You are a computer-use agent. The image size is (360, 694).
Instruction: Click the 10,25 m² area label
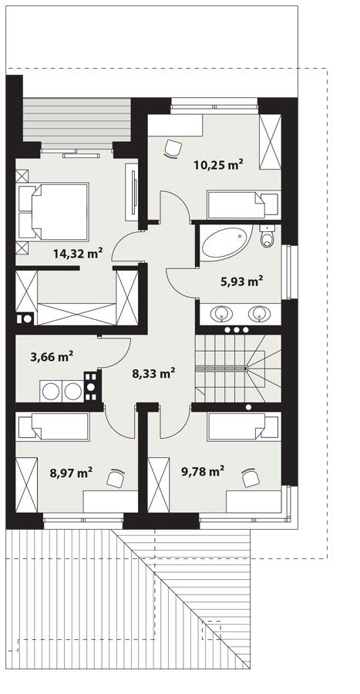coord(218,163)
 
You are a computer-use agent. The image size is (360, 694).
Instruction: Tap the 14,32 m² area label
coord(78,252)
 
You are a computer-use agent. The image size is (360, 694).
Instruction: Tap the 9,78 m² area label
coord(202,469)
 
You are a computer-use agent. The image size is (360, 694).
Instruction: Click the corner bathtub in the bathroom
coord(224,243)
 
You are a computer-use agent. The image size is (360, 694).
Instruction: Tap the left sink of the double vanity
coord(223,313)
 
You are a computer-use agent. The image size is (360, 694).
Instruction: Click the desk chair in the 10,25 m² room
coord(173,147)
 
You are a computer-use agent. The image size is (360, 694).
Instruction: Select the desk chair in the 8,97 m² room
coord(116,479)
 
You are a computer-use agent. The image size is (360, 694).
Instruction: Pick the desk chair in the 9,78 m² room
coord(251,478)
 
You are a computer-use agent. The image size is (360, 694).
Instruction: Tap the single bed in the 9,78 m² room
coord(243,426)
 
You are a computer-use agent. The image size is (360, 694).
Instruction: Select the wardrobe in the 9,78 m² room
coord(158,483)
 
